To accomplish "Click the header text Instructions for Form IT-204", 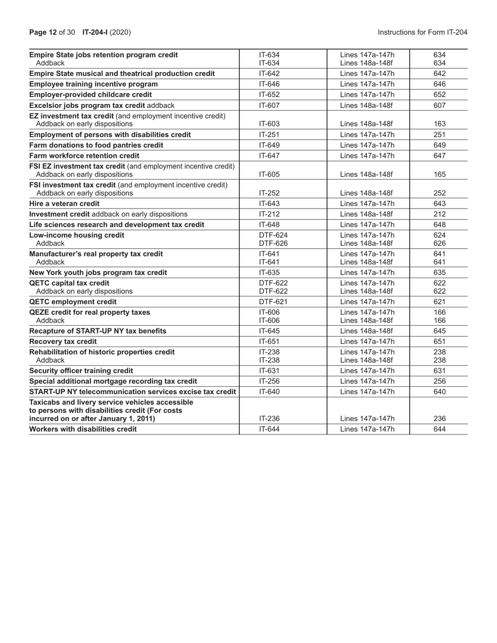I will coord(422,32).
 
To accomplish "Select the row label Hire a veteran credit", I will coord(64,203).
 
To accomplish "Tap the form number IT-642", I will coord(269,74).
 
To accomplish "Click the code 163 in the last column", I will coord(439,124).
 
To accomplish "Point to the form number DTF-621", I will coord(274,302).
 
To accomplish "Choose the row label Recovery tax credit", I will coord(63,341).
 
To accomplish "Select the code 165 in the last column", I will coord(439,174).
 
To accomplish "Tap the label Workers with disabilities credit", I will coord(83,429).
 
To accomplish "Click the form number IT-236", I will coord(269,418).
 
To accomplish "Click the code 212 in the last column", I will coord(439,214).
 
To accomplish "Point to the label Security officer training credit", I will coord(81,371).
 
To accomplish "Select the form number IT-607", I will coord(269,105).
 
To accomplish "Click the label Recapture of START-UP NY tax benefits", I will coord(98,331).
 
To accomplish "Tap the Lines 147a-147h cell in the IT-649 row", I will coord(367,145).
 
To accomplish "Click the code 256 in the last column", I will coord(439,381).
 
